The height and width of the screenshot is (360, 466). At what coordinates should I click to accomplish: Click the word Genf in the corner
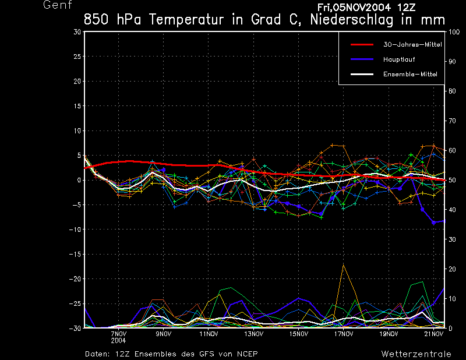[58, 5]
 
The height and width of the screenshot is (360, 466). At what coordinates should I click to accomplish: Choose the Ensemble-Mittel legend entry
[409, 74]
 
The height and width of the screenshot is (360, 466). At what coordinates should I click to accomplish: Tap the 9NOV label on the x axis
[163, 334]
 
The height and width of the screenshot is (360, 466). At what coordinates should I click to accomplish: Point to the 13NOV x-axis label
[253, 334]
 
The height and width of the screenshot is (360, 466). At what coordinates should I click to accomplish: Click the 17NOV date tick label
[344, 334]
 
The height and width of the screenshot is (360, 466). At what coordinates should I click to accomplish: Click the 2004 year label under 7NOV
[118, 340]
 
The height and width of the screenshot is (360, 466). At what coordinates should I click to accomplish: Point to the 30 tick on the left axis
[77, 32]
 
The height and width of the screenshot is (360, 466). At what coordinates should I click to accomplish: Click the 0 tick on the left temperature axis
[79, 181]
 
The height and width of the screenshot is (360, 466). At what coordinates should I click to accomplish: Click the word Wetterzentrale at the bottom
[416, 354]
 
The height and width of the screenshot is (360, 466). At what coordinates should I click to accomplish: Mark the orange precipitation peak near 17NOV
[344, 264]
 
